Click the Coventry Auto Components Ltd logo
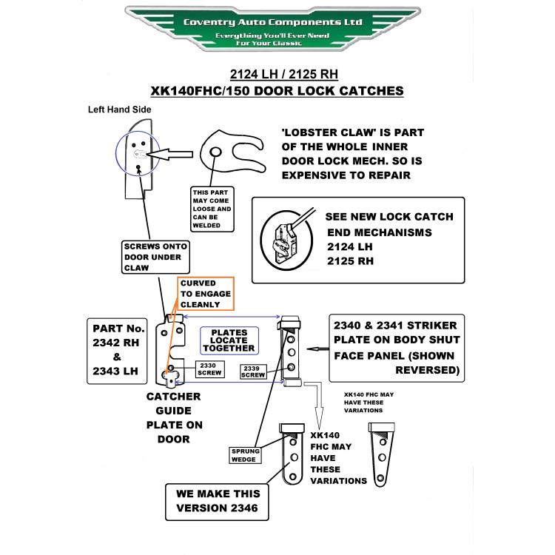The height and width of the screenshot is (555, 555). pyautogui.click(x=272, y=28)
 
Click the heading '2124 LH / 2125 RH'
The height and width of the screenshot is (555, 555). pyautogui.click(x=284, y=74)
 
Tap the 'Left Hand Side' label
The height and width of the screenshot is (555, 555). pyautogui.click(x=120, y=110)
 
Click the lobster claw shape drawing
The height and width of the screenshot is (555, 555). pyautogui.click(x=232, y=152)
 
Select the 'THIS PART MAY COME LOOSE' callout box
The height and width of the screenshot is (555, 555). pyautogui.click(x=212, y=209)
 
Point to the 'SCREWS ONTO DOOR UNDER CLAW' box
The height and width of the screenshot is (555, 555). pyautogui.click(x=155, y=257)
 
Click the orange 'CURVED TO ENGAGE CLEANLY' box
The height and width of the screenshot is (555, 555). pyautogui.click(x=206, y=294)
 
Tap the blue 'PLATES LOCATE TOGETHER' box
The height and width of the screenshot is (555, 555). pyautogui.click(x=229, y=340)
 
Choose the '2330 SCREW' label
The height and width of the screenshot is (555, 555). pyautogui.click(x=210, y=369)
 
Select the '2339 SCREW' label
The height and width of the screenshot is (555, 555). pyautogui.click(x=253, y=371)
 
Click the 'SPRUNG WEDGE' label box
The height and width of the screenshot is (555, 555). pyautogui.click(x=245, y=455)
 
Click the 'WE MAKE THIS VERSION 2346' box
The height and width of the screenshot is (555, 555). pyautogui.click(x=217, y=502)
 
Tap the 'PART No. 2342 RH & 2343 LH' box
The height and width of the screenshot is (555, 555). pyautogui.click(x=117, y=351)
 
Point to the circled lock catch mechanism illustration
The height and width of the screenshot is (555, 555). pyautogui.click(x=286, y=240)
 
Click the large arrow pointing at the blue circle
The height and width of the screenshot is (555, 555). pyautogui.click(x=170, y=155)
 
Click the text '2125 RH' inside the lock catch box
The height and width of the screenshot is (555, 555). pyautogui.click(x=350, y=261)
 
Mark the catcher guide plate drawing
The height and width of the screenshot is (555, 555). pyautogui.click(x=171, y=351)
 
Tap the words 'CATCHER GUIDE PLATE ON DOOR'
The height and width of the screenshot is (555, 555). pyautogui.click(x=174, y=417)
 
